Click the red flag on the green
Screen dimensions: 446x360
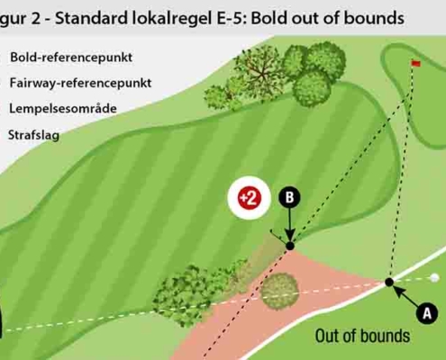[416, 63]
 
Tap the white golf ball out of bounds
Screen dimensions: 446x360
[434, 278]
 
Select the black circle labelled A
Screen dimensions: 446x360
[427, 313]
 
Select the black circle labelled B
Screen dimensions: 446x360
[289, 198]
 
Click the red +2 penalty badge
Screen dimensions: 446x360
[250, 198]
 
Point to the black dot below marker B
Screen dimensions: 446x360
[290, 246]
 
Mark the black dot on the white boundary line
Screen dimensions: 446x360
[389, 282]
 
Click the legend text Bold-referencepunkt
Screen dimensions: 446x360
[71, 58]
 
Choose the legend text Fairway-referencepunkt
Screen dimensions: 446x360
[80, 83]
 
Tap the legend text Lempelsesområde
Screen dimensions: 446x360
[63, 109]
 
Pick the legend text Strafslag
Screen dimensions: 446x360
[33, 135]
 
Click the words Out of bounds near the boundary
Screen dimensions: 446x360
[362, 336]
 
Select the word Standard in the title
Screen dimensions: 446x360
[92, 18]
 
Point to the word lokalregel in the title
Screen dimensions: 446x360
[172, 19]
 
